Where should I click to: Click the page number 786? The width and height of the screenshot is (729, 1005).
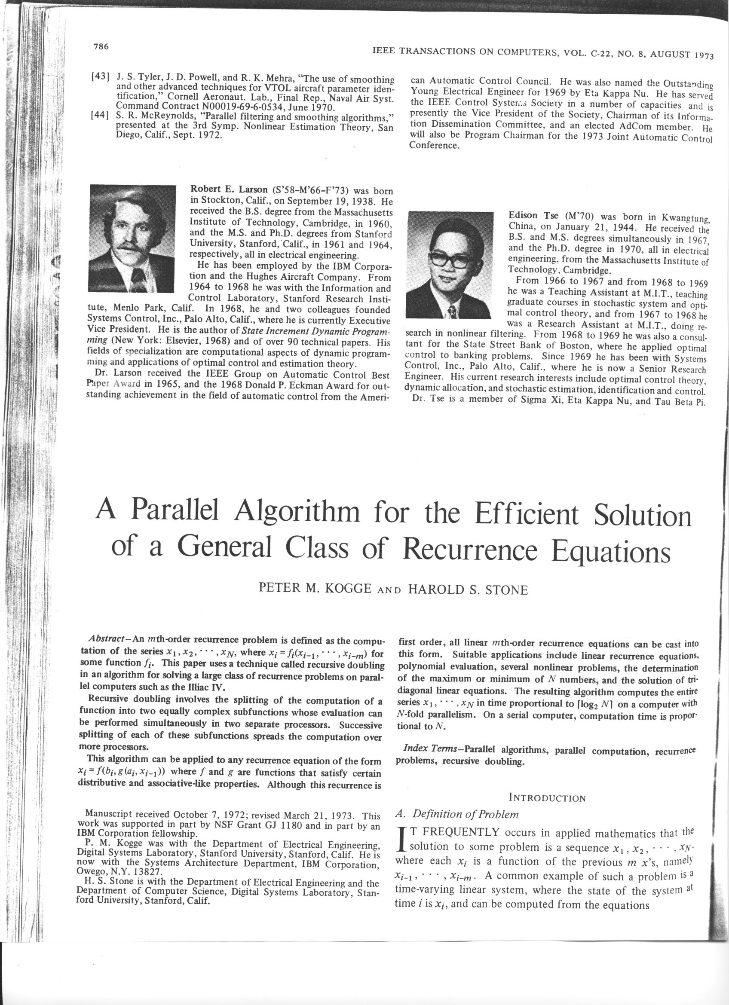click(101, 46)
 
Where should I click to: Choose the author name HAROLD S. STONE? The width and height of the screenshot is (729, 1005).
click(468, 590)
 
